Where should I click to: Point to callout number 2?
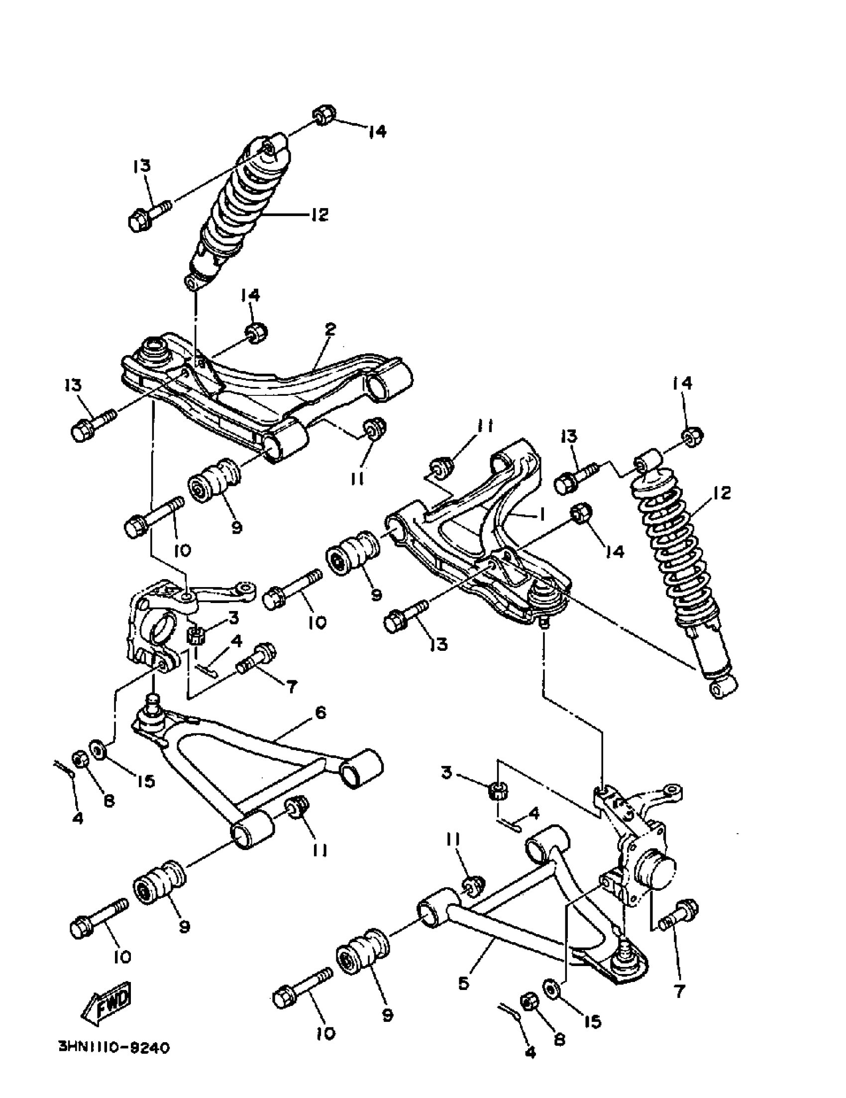coord(330,329)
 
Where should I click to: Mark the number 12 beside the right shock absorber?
coord(722,493)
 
